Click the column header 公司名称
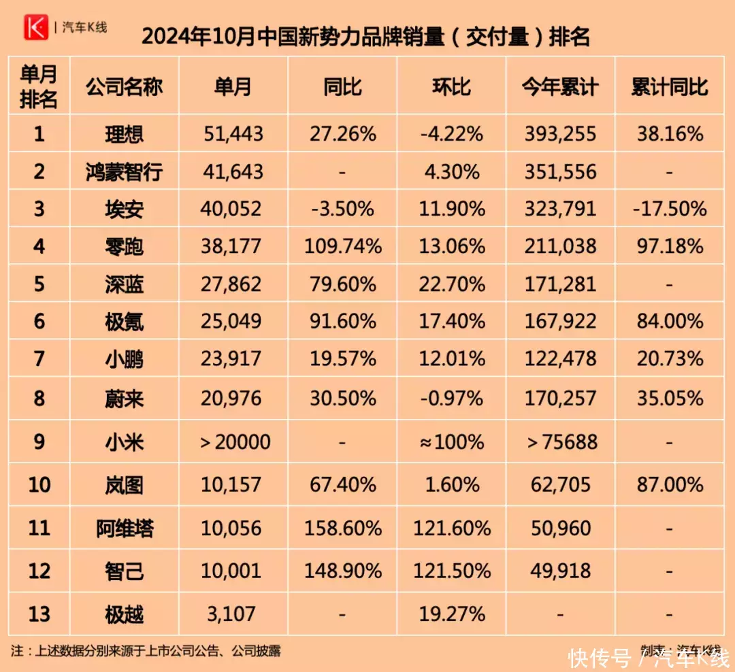(125, 87)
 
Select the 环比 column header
(452, 87)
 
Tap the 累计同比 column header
(670, 87)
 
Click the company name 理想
(125, 134)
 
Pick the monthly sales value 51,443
(233, 134)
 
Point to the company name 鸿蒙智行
(125, 171)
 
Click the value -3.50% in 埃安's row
(342, 209)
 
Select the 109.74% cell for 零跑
(342, 246)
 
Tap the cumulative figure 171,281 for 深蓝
(560, 283)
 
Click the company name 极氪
(125, 320)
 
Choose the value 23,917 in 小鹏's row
(233, 358)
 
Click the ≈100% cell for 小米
(452, 442)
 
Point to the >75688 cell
(560, 442)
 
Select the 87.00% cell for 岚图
(670, 485)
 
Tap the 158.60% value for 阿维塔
(342, 528)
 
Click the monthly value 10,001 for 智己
(233, 571)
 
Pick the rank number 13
(39, 614)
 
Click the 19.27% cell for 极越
(452, 614)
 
